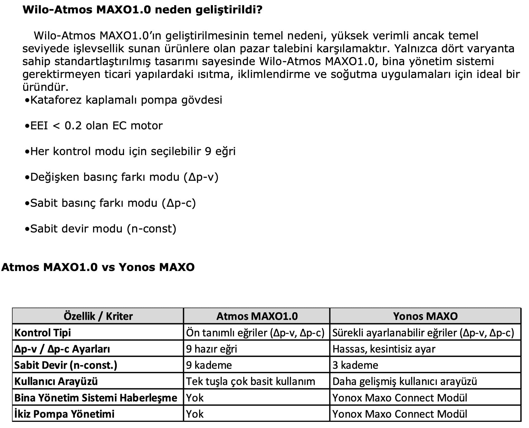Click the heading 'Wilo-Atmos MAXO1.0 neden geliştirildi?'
point(142,10)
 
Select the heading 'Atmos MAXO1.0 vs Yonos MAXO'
point(98,267)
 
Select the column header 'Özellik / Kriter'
point(98,316)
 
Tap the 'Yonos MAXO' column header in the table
point(425,316)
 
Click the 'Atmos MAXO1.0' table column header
point(257,316)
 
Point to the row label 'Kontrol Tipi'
point(42,332)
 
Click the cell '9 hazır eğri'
point(211,349)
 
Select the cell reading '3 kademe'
point(355,365)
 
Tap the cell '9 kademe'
point(209,365)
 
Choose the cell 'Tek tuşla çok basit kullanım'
point(251,381)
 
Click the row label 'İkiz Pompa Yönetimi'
point(64,414)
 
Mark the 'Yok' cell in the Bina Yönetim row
point(195,398)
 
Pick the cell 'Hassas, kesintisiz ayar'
point(384,349)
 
